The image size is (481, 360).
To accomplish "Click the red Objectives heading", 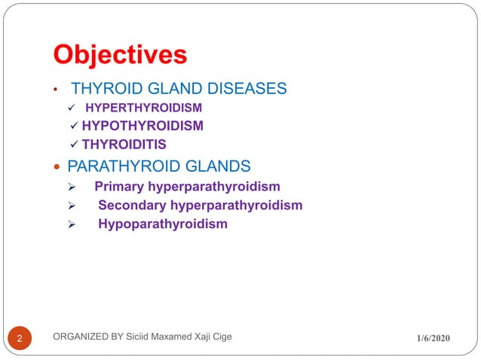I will [120, 55].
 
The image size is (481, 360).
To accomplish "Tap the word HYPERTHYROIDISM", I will [143, 108].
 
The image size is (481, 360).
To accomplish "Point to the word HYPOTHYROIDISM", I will [142, 126].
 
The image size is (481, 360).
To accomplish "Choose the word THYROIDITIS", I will [124, 144].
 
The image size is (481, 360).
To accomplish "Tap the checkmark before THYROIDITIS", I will [74, 144].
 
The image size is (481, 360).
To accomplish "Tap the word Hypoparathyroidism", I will [162, 224].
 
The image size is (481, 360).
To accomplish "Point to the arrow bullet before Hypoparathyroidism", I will [72, 224].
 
